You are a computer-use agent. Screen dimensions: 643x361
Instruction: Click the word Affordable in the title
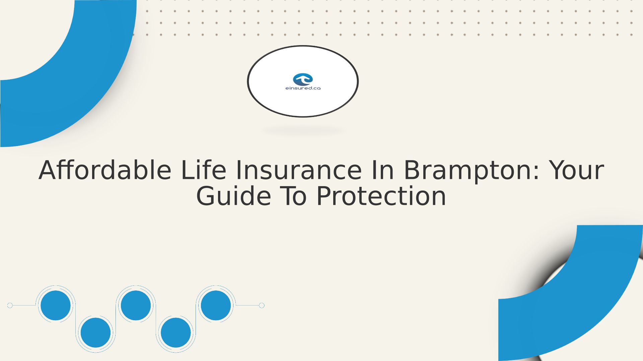pyautogui.click(x=105, y=170)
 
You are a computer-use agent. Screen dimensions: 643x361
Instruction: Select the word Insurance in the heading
pyautogui.click(x=299, y=170)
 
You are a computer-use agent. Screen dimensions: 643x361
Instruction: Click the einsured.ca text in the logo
pyautogui.click(x=303, y=88)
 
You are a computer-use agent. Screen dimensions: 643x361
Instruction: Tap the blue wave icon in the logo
pyautogui.click(x=303, y=79)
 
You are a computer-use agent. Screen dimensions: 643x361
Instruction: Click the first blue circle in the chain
pyautogui.click(x=56, y=306)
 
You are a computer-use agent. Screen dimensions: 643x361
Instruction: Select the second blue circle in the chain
pyautogui.click(x=96, y=333)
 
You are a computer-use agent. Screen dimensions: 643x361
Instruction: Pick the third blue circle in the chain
pyautogui.click(x=136, y=306)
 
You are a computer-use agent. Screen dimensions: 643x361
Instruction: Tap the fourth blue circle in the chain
pyautogui.click(x=176, y=333)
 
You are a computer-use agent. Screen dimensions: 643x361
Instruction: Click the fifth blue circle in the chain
pyautogui.click(x=216, y=306)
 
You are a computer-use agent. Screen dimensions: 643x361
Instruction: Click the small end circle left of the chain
pyautogui.click(x=10, y=306)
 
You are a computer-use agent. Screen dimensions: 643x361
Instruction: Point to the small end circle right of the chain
pyautogui.click(x=262, y=306)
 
